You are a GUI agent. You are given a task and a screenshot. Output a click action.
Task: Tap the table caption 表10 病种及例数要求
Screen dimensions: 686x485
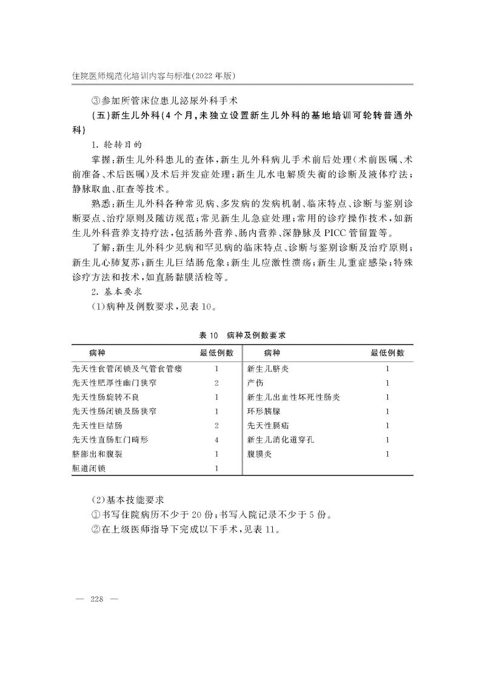point(242,335)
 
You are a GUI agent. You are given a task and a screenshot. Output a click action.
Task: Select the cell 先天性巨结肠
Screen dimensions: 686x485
point(93,425)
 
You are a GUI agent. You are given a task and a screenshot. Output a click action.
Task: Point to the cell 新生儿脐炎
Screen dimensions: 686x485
point(267,368)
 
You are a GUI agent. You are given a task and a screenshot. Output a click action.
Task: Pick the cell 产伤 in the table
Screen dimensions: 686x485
point(255,382)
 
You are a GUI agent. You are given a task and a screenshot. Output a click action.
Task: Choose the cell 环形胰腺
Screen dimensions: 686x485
point(263,411)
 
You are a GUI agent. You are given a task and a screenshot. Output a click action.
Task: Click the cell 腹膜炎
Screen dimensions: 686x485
point(259,454)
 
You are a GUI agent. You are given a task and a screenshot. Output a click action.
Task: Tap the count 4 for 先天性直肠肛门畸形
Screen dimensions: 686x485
point(216,440)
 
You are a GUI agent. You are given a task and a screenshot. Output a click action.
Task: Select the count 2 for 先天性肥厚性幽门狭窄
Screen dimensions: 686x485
point(216,382)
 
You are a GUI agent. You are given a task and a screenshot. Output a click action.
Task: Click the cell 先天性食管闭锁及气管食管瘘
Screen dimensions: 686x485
point(127,368)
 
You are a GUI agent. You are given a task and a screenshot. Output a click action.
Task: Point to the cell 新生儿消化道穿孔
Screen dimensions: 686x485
point(280,440)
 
